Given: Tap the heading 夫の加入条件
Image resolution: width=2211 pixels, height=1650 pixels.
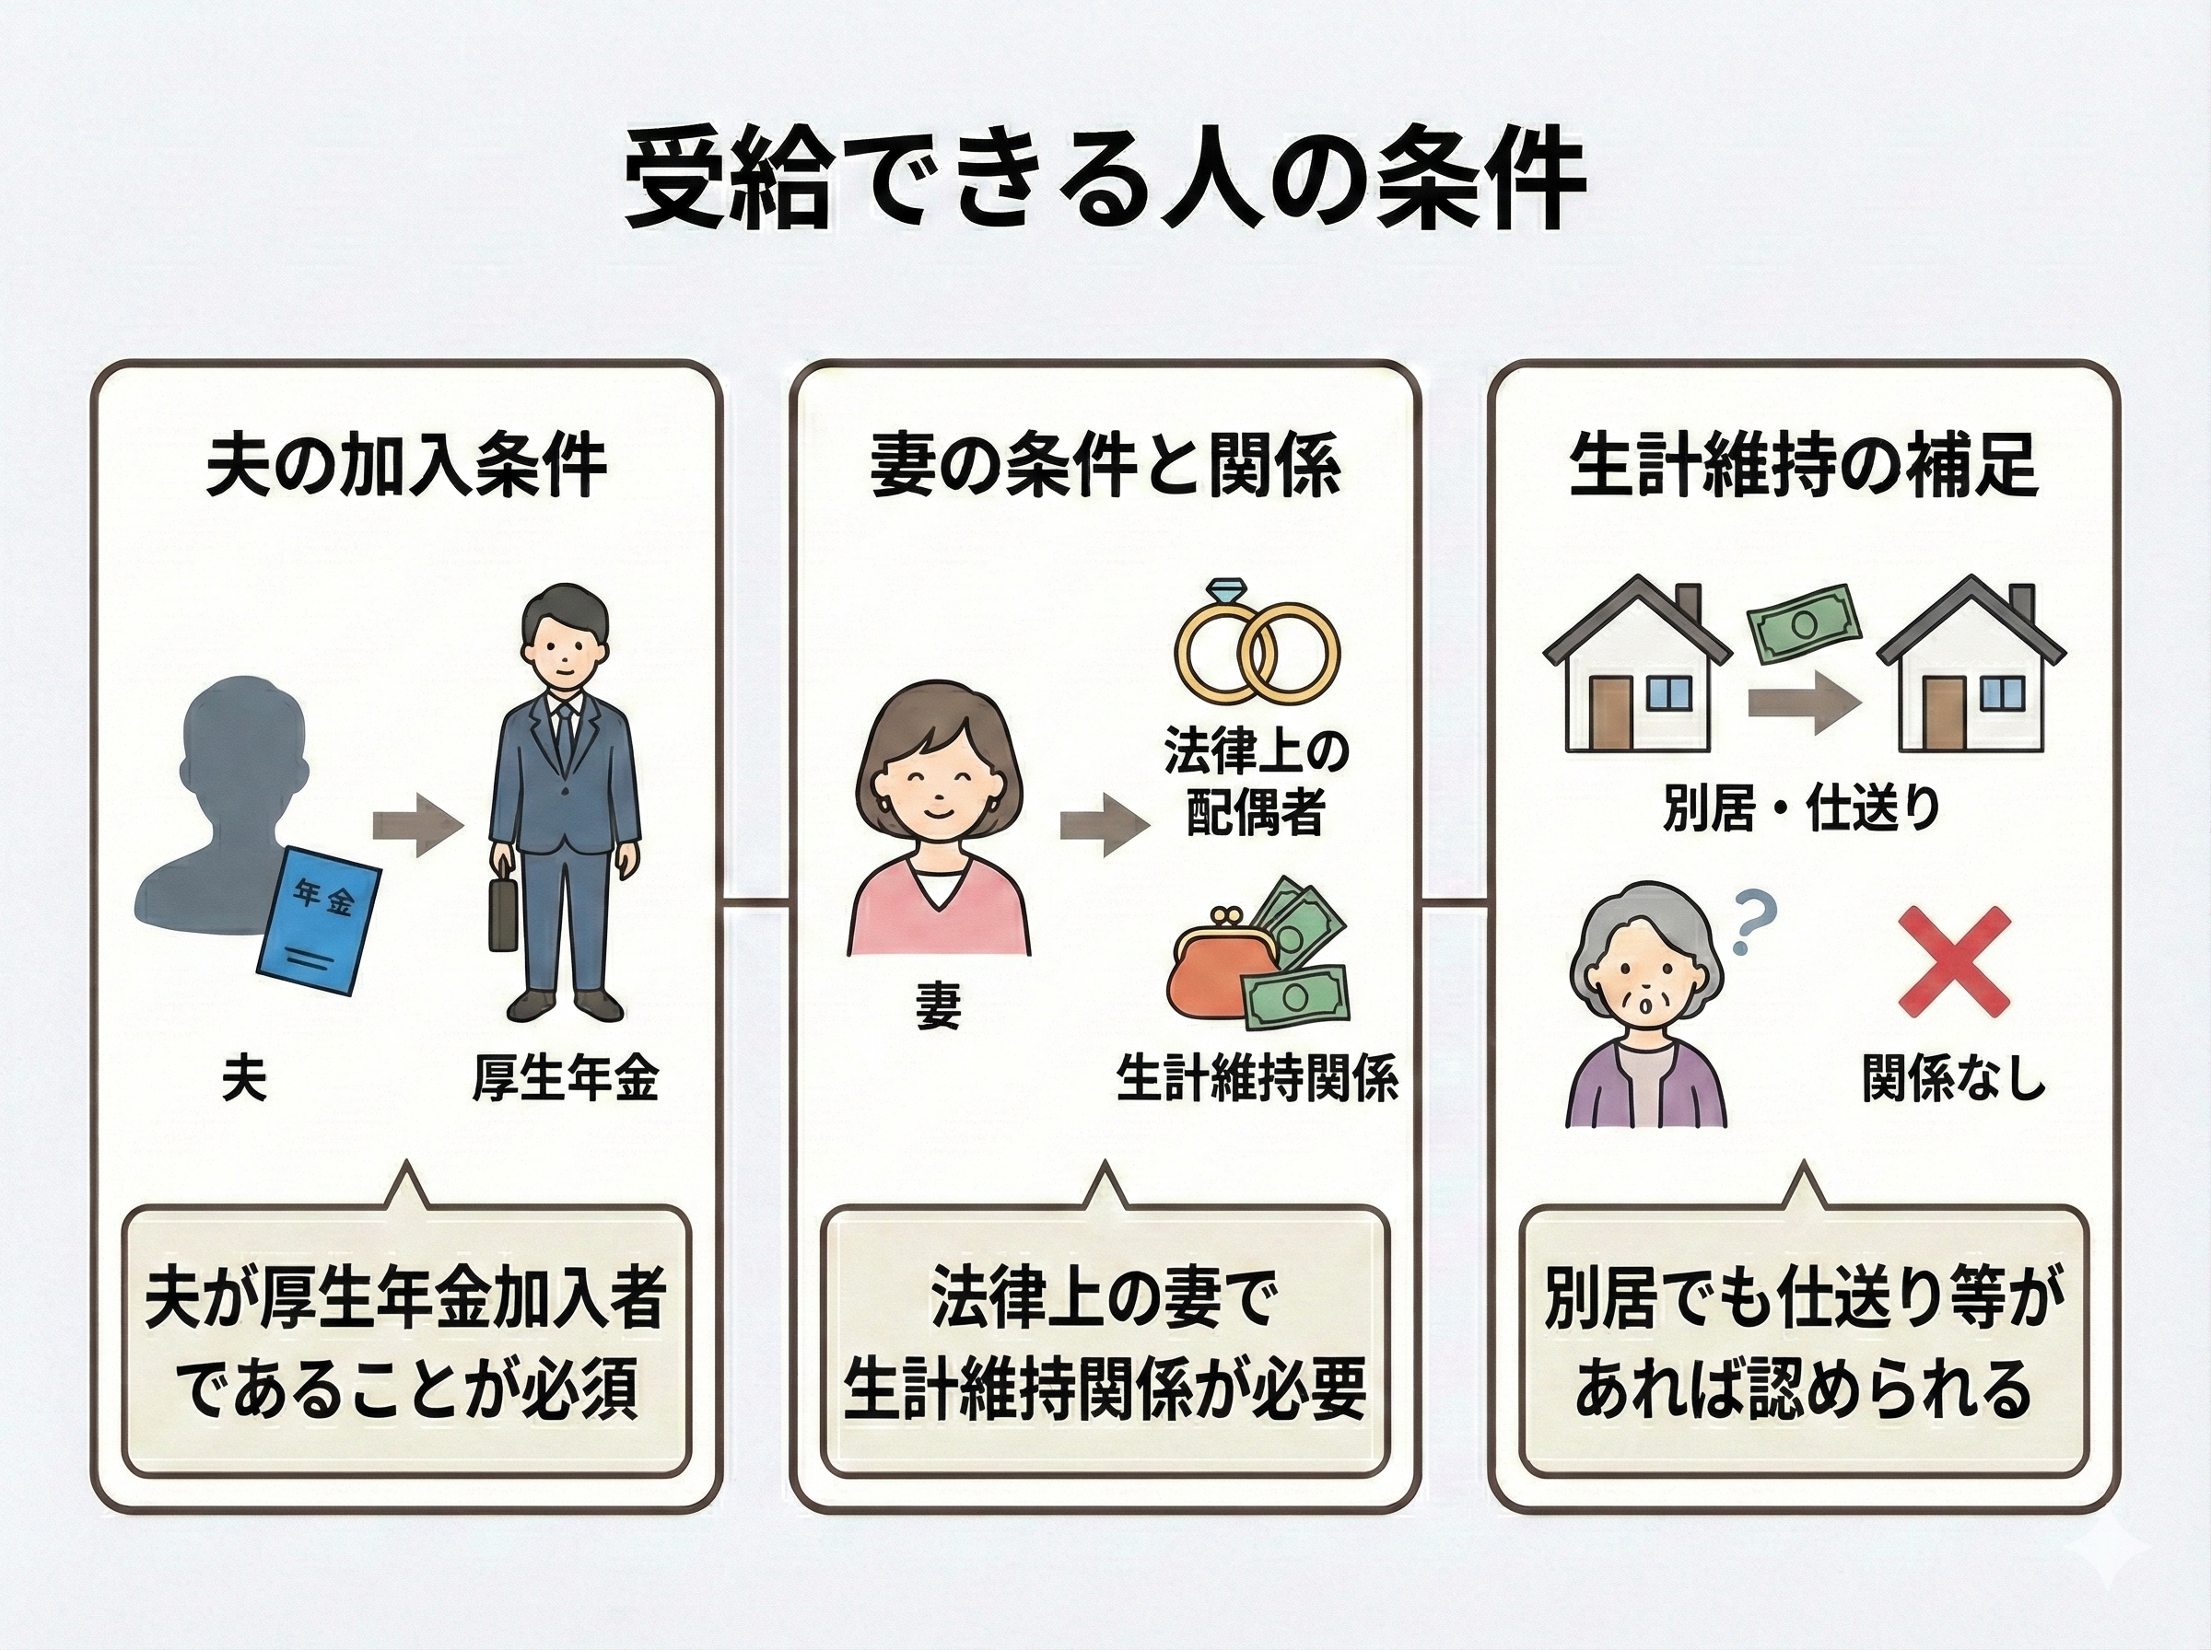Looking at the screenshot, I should [x=405, y=465].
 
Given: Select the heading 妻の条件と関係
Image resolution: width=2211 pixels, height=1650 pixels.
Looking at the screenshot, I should [x=1105, y=465].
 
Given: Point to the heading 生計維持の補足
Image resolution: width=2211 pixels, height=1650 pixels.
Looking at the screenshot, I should [x=1804, y=465].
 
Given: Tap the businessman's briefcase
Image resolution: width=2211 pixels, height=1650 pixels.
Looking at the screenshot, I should [x=503, y=915].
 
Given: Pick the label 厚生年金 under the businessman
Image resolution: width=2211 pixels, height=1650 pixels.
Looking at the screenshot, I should [x=566, y=1080].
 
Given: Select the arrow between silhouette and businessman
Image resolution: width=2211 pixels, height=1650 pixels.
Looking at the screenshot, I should [x=417, y=825].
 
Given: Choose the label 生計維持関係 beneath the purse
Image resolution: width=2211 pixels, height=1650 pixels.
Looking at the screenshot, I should [x=1257, y=1080].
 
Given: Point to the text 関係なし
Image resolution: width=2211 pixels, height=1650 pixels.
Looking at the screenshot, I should [x=1953, y=1080].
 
